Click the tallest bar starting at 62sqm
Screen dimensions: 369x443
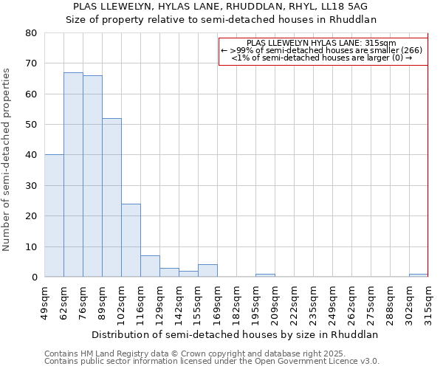tap(73, 175)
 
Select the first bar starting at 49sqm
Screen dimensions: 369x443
tap(54, 215)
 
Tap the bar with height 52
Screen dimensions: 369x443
tap(111, 198)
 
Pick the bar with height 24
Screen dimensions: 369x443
tap(131, 241)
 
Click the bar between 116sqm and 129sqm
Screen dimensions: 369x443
tap(150, 266)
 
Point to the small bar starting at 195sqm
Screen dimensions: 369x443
tap(265, 275)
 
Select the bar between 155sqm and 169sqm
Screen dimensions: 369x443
tap(207, 271)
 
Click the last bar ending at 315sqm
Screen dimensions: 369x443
tap(419, 275)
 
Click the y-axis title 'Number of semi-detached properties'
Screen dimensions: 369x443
tap(7, 159)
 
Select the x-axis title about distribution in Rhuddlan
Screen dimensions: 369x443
tap(234, 334)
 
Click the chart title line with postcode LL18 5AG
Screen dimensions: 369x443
tap(221, 6)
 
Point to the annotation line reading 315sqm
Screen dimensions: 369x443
tap(323, 43)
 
